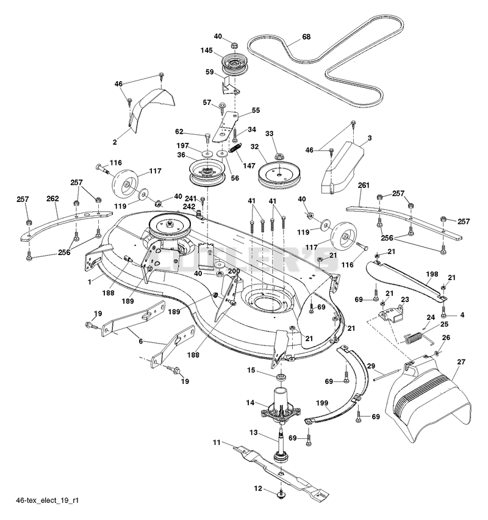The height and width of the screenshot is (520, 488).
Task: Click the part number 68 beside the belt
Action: [x=306, y=37]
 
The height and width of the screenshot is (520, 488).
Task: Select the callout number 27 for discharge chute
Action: [x=461, y=362]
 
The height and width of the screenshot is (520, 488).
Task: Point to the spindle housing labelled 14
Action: [x=281, y=405]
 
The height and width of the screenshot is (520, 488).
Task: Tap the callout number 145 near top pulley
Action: [x=207, y=51]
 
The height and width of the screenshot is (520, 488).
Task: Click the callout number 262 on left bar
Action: [x=52, y=198]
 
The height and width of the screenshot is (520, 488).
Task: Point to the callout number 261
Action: [x=364, y=186]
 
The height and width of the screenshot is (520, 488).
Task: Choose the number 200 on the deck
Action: [x=234, y=271]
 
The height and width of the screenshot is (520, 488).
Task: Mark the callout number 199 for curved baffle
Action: [x=322, y=403]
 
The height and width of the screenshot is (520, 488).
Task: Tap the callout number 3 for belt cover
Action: [x=370, y=137]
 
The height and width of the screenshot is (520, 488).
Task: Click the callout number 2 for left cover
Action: [x=115, y=142]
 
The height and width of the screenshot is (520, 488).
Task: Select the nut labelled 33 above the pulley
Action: [x=279, y=155]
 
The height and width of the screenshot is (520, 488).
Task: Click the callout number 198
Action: [x=432, y=274]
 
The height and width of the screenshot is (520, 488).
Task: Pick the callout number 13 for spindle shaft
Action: [x=254, y=433]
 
